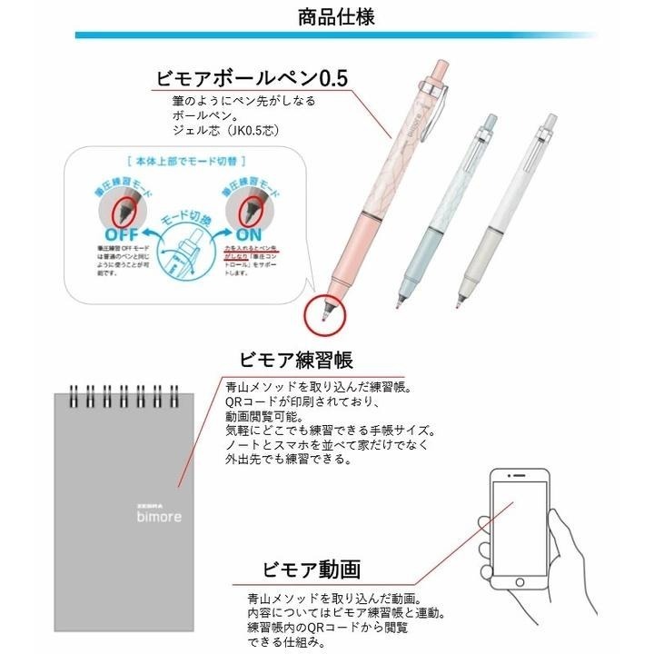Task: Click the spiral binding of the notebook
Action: coord(118,396)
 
